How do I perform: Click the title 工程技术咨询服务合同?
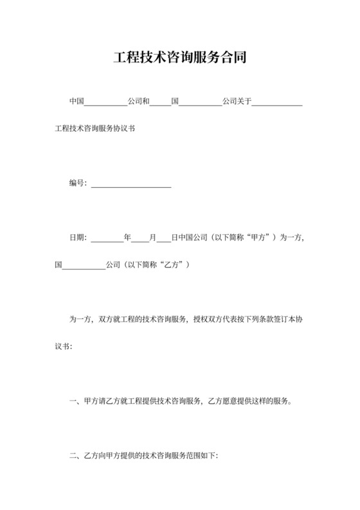click(179, 57)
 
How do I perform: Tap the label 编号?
click(76, 183)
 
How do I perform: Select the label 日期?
click(76, 237)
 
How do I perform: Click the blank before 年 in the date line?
click(107, 237)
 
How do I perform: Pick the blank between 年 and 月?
click(140, 237)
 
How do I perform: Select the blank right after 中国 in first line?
click(106, 102)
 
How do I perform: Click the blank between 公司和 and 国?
click(161, 102)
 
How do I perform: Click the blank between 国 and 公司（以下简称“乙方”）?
click(84, 264)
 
